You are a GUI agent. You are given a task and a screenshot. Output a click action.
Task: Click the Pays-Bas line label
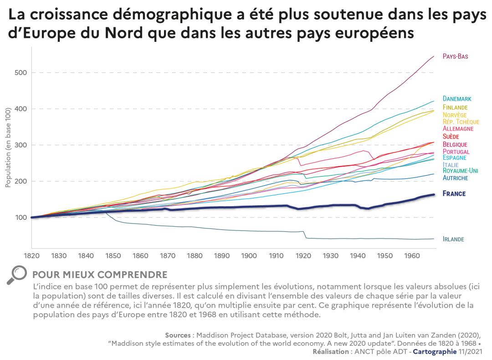(456, 56)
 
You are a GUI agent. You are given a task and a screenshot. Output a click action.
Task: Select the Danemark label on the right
(457, 99)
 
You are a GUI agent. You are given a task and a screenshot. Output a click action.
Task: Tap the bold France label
(454, 194)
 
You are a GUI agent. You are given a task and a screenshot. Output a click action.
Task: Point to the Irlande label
(454, 239)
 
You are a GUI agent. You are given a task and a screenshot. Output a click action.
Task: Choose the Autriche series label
(456, 178)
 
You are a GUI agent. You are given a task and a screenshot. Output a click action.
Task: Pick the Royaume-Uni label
(461, 171)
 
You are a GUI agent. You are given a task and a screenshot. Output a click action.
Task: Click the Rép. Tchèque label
(461, 122)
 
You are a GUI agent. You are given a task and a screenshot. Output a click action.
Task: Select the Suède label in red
(451, 137)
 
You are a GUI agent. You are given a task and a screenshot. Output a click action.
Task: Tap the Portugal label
(456, 152)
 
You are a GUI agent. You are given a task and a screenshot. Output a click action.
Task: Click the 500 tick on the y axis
(21, 72)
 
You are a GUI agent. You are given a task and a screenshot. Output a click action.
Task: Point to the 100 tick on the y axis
(21, 218)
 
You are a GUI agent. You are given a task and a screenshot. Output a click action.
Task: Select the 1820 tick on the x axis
(31, 255)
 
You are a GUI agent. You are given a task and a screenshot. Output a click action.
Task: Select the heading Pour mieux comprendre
(100, 275)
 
